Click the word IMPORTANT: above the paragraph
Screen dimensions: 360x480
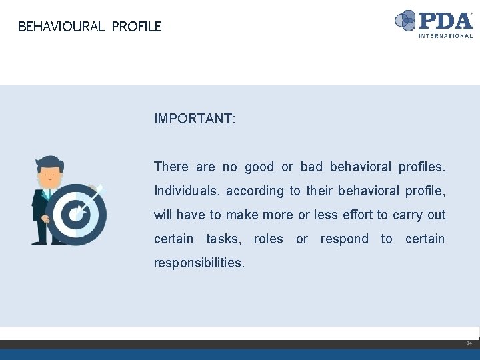click(x=194, y=119)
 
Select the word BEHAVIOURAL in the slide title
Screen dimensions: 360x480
click(x=61, y=27)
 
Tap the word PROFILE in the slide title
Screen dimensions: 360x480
click(x=137, y=27)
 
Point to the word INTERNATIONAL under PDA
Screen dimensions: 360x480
click(x=445, y=36)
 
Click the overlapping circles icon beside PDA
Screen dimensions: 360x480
click(x=406, y=21)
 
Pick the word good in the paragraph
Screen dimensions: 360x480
click(x=259, y=167)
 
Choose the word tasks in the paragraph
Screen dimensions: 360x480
click(x=225, y=239)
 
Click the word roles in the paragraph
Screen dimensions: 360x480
click(x=268, y=239)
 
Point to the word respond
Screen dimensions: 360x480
click(x=344, y=239)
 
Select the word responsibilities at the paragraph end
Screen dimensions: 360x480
click(x=199, y=263)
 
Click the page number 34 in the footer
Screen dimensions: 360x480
click(x=469, y=343)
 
